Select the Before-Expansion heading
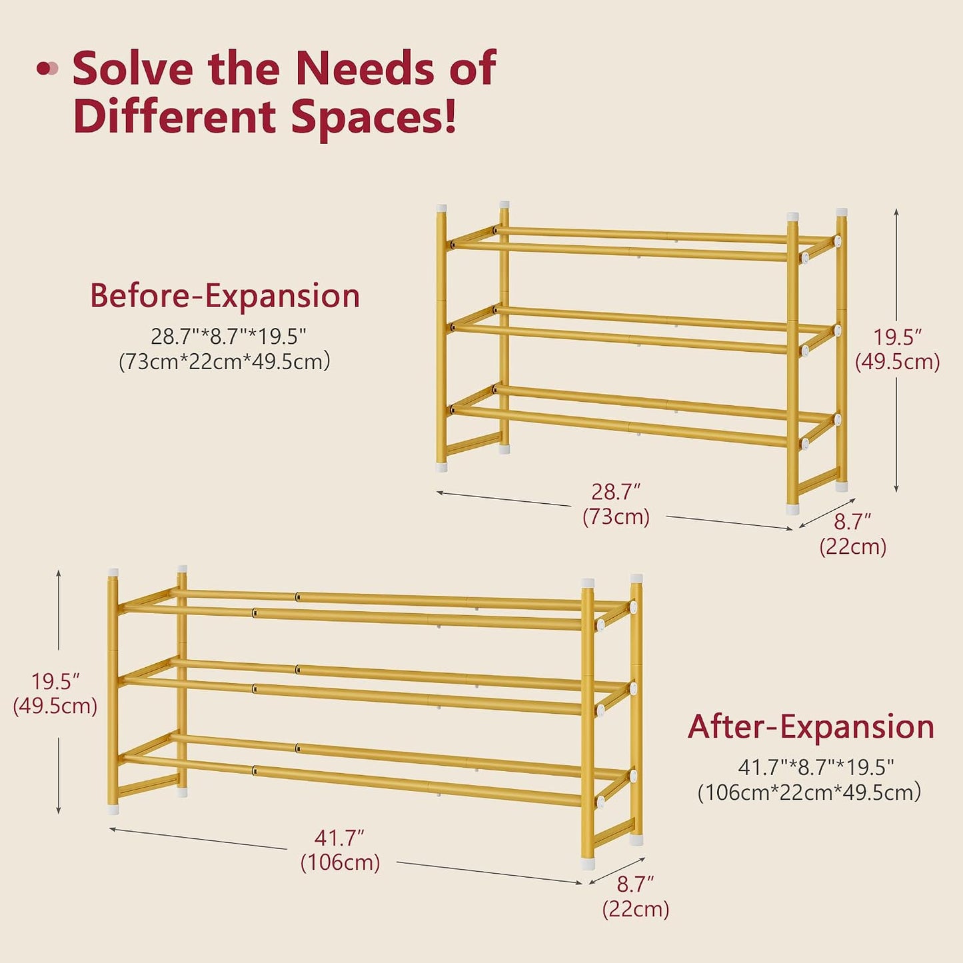[225, 296]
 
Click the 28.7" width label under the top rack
[616, 492]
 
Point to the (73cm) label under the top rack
[616, 516]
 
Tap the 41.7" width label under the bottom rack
[339, 838]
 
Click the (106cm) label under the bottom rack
[341, 862]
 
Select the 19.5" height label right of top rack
[897, 339]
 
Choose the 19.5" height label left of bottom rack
[55, 682]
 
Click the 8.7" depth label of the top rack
[852, 522]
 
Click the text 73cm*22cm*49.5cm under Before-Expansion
[225, 362]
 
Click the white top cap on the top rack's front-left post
[441, 209]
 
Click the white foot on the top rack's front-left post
[441, 467]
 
